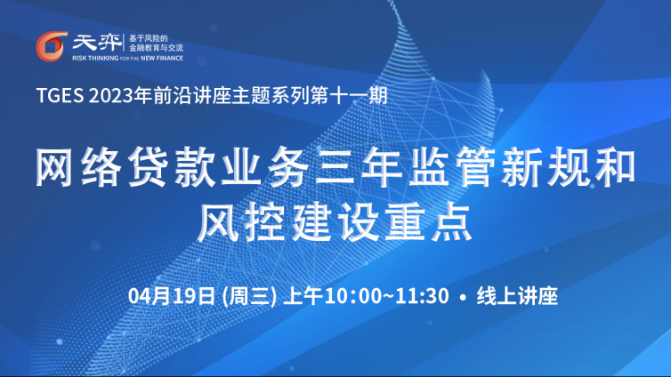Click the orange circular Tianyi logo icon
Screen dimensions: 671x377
(x=52, y=46)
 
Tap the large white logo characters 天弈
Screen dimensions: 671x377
(x=97, y=43)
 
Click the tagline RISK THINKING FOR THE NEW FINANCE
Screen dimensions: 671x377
(x=127, y=58)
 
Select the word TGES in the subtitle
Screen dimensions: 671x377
(x=60, y=95)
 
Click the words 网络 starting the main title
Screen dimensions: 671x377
(x=78, y=166)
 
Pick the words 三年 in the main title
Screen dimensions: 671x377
(x=358, y=166)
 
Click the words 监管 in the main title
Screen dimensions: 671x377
(x=452, y=166)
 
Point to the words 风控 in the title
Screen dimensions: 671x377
(x=241, y=222)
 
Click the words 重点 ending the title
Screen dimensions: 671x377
(x=429, y=222)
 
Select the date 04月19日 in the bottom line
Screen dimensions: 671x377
(x=171, y=296)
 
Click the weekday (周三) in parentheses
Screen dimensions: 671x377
(x=249, y=296)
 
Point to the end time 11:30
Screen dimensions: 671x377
(x=422, y=296)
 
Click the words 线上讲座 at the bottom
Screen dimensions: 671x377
(x=517, y=296)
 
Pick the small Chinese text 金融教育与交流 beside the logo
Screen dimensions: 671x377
(x=157, y=48)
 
